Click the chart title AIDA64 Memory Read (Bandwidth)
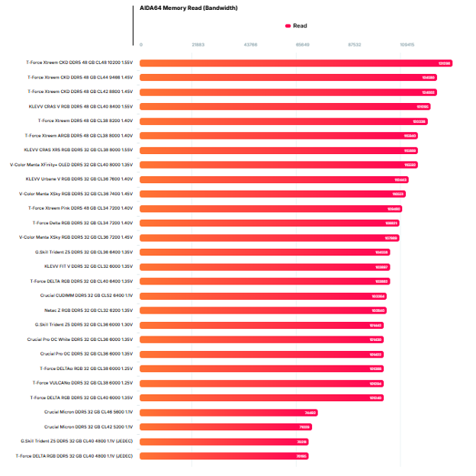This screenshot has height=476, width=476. pos(188,8)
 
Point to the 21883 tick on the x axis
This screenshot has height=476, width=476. pos(198,45)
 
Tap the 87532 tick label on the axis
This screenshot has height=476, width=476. pos(354,45)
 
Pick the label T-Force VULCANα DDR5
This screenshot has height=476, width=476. pos(82,383)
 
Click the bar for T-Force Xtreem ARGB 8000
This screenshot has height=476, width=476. pos(278,136)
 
